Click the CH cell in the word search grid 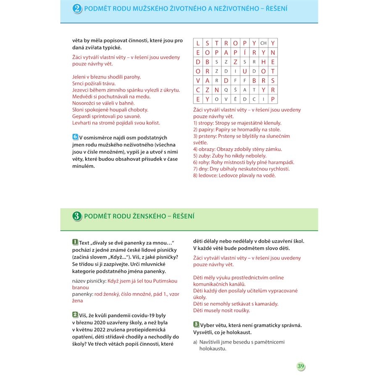[263, 43]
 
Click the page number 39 [300, 366]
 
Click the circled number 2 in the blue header [77, 9]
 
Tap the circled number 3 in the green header [77, 216]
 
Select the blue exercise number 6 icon [75, 136]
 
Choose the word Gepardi [82, 116]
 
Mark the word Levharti [82, 123]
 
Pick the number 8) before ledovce [195, 176]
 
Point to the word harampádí [281, 162]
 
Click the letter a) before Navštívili [195, 342]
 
